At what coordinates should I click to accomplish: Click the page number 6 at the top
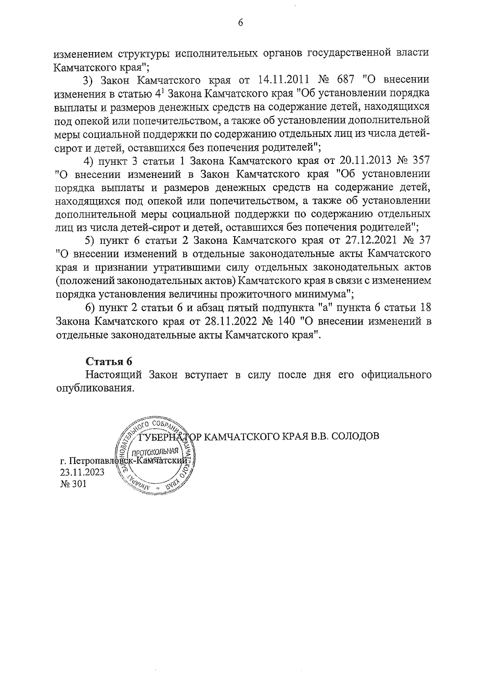click(x=241, y=23)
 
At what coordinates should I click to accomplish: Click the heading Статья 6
click(x=109, y=361)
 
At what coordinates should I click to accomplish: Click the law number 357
click(x=420, y=159)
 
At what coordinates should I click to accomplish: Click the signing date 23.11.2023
click(x=82, y=472)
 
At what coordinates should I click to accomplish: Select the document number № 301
click(x=73, y=484)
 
